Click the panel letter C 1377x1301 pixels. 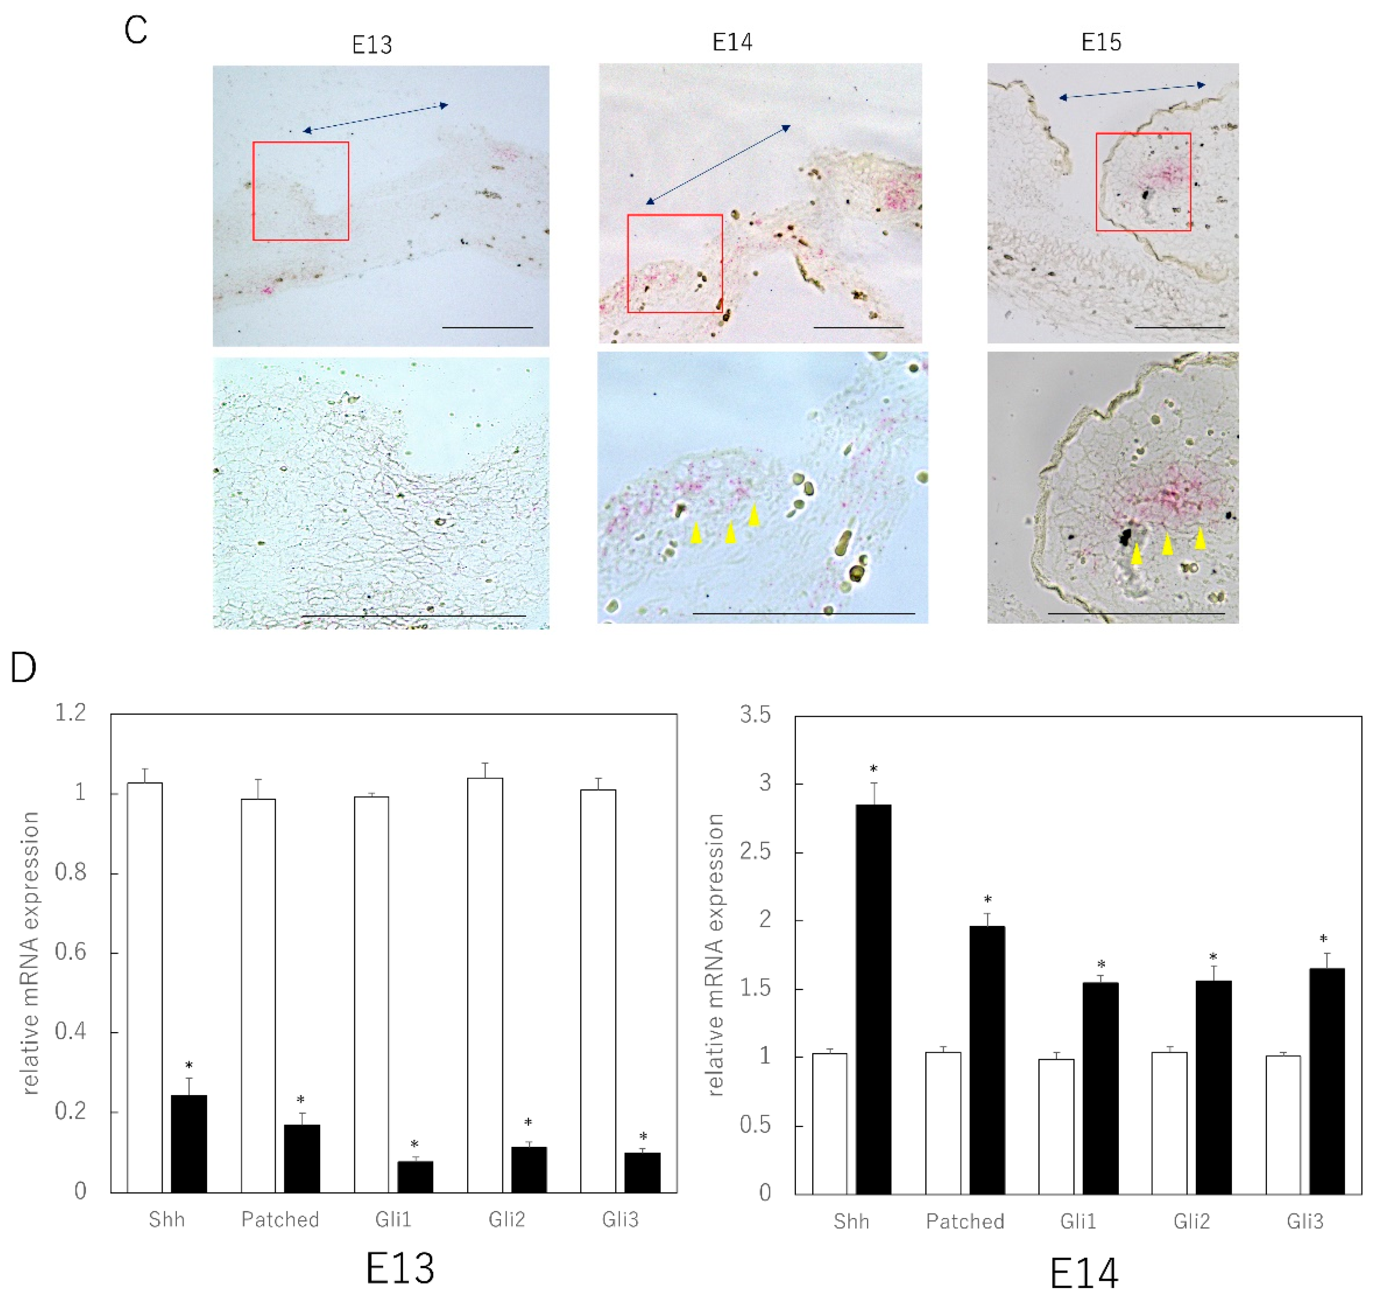point(136,30)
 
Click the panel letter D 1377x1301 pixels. point(24,667)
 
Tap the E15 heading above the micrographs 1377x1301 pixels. point(1101,42)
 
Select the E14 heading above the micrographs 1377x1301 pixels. point(732,42)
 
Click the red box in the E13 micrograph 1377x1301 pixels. point(301,191)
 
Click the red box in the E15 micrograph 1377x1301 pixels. point(1143,182)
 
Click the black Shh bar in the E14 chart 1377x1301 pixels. point(873,999)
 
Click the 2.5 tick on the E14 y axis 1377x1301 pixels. point(755,851)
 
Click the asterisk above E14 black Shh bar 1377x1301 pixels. point(873,769)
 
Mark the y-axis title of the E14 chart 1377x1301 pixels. point(715,955)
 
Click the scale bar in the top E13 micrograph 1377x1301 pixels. point(487,327)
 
